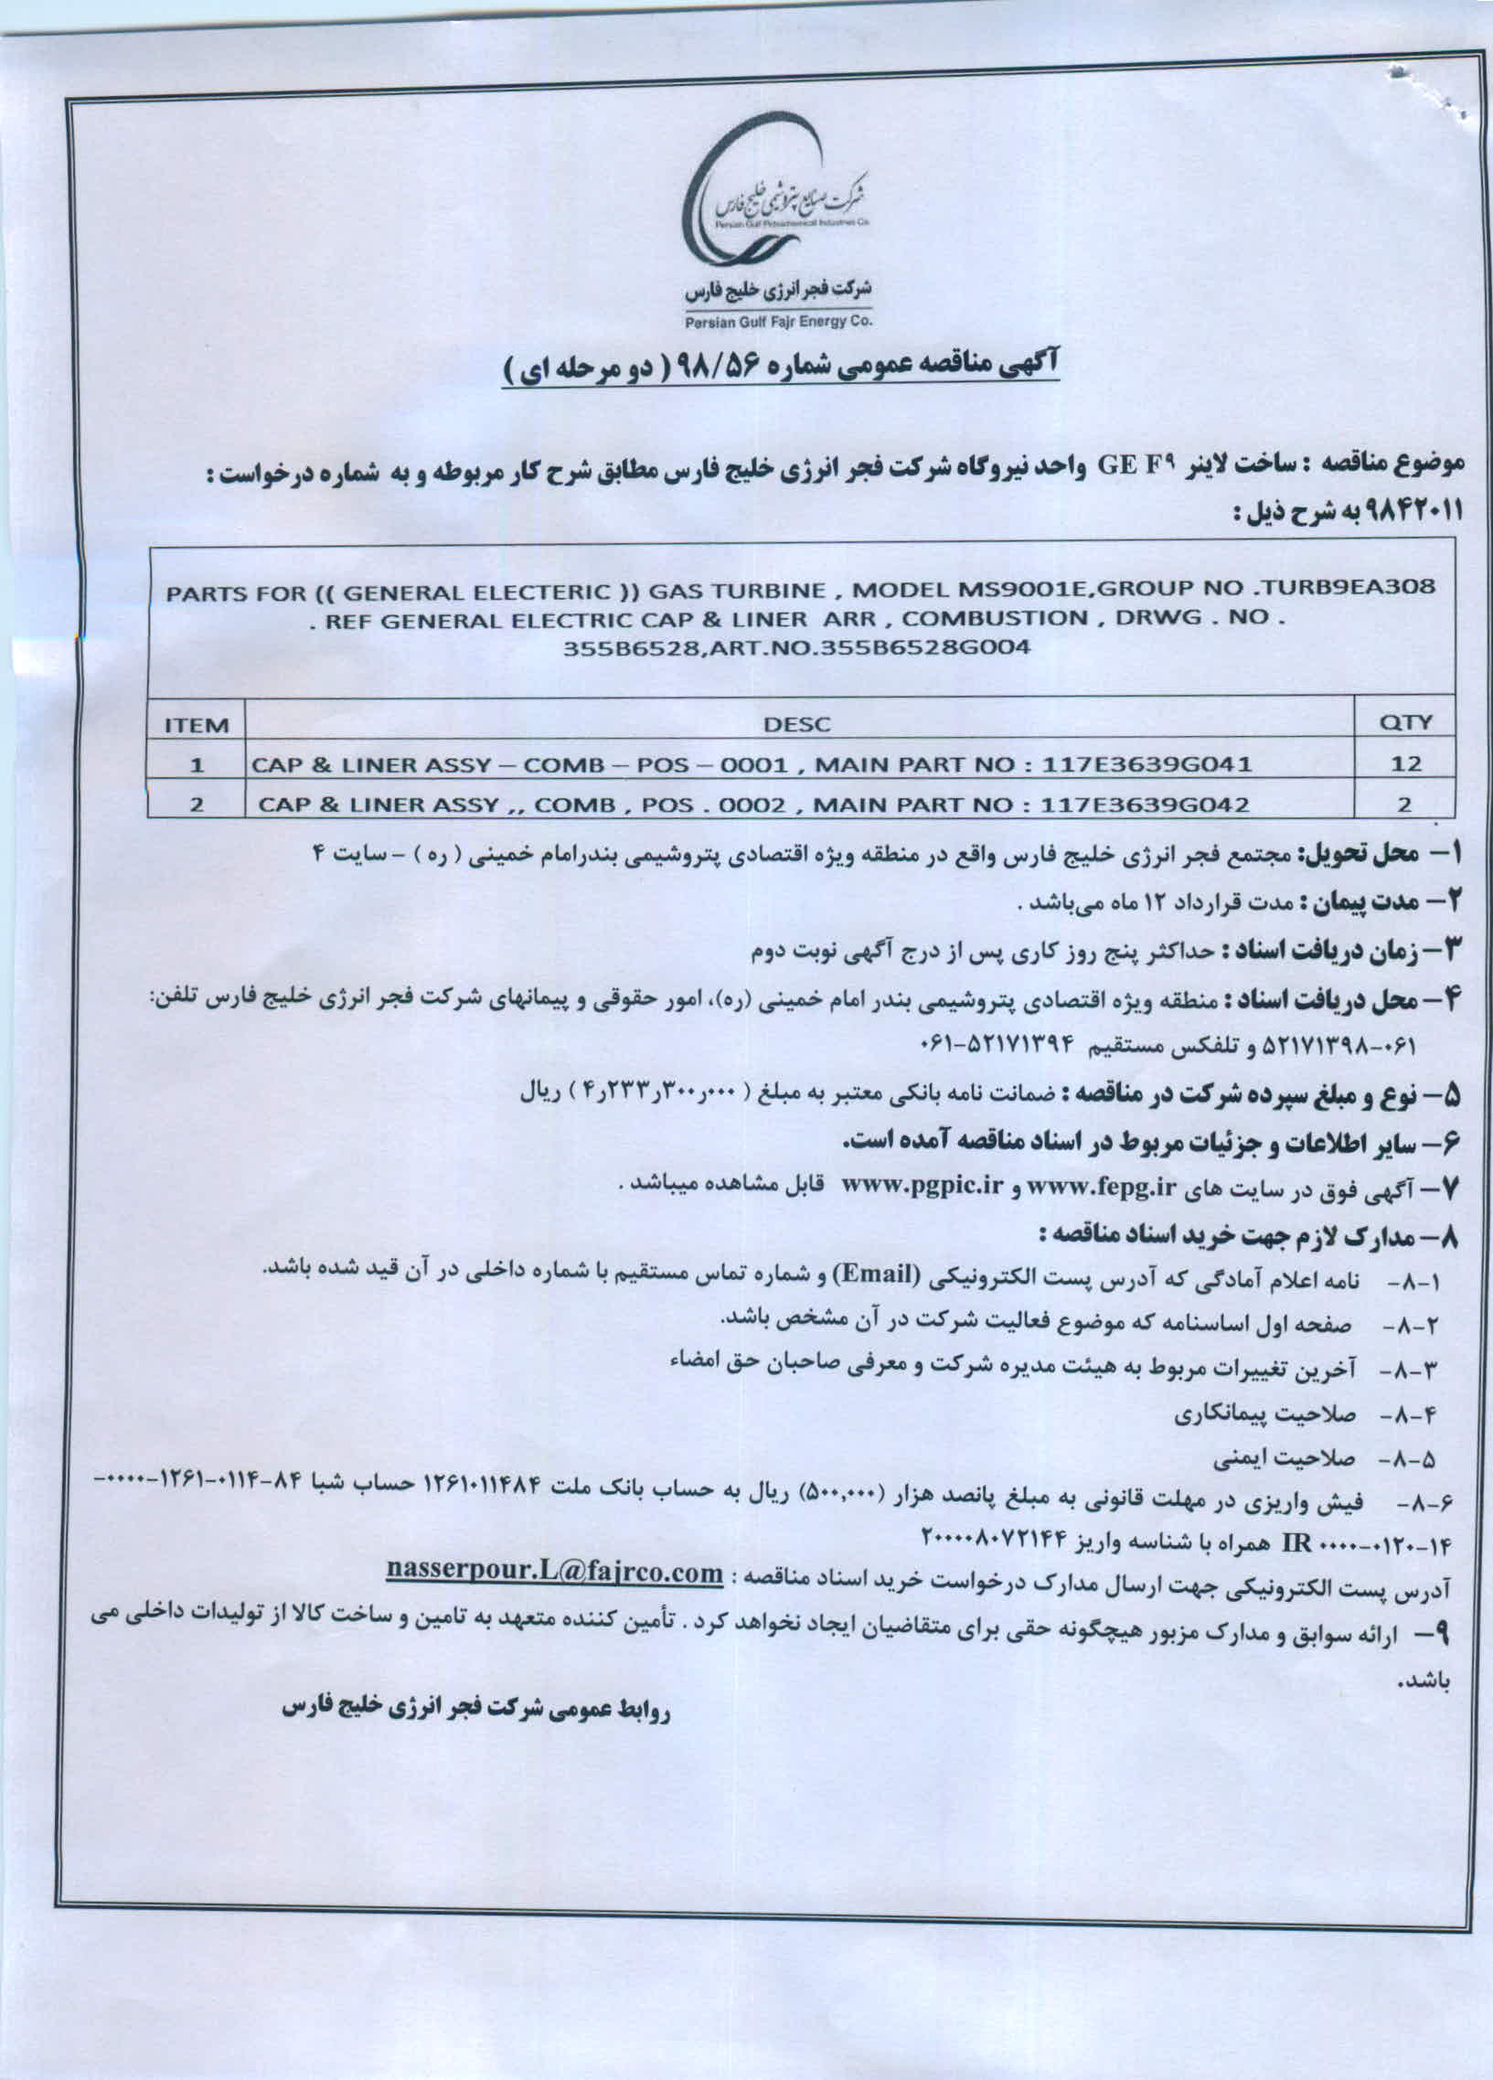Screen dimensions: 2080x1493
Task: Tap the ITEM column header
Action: (x=196, y=726)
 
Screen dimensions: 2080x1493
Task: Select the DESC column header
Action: (x=797, y=724)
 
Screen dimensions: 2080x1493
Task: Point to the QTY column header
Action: (x=1405, y=722)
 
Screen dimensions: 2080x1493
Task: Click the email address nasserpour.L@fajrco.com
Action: (x=555, y=1573)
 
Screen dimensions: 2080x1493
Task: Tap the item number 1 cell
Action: (x=196, y=765)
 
